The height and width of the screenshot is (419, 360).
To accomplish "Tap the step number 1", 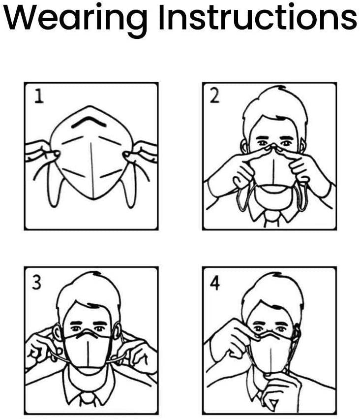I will (x=38, y=96).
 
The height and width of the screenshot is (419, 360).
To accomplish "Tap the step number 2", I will (x=215, y=96).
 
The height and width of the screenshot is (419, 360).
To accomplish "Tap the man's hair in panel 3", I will (x=89, y=290).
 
